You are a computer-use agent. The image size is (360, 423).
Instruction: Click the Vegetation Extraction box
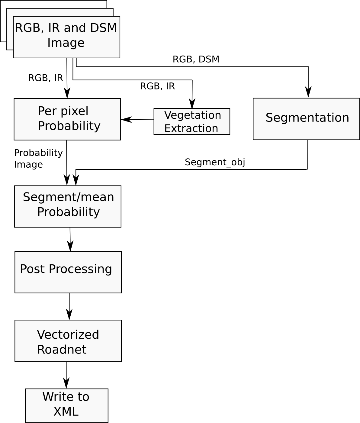[192, 121]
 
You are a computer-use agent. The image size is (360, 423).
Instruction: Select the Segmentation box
[306, 119]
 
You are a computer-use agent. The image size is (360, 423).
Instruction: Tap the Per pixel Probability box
[67, 119]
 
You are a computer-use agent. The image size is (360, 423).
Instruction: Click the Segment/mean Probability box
[68, 206]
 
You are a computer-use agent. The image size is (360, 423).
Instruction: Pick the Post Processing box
[68, 272]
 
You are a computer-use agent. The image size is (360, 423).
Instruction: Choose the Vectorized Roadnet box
[68, 341]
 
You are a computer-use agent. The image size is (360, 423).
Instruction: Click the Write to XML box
[67, 405]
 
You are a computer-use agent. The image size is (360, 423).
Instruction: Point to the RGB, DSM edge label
[196, 59]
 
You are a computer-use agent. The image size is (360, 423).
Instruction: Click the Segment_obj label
[215, 162]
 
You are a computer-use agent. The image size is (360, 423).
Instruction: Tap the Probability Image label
[38, 159]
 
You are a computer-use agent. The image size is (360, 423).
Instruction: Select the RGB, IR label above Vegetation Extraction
[158, 86]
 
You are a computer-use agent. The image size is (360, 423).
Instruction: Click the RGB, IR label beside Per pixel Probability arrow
[46, 78]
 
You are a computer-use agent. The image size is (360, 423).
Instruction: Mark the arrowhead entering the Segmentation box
[308, 92]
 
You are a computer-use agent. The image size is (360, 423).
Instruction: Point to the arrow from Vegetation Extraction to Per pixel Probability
[137, 120]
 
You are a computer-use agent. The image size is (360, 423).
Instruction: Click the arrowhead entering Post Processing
[70, 246]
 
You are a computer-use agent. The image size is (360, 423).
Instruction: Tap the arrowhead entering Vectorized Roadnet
[69, 315]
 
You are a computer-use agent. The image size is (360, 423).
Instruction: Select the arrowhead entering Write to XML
[66, 383]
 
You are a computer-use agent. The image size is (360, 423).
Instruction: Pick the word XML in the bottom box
[66, 411]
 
